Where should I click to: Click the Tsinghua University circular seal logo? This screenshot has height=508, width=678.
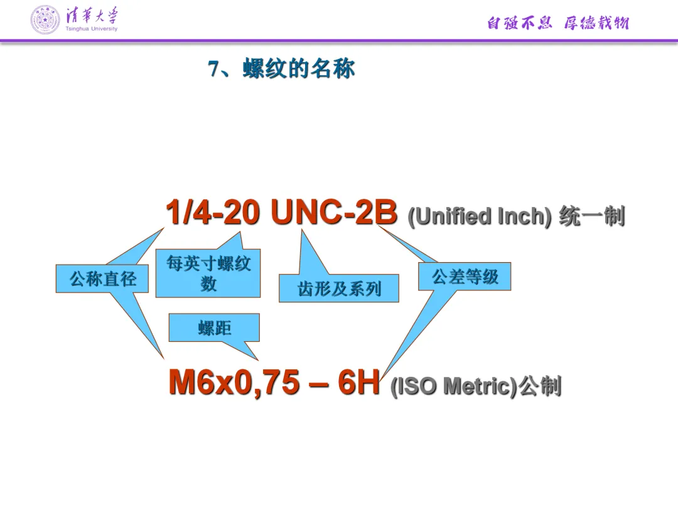[x=46, y=19]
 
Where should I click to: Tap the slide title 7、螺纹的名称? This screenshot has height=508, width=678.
[x=282, y=69]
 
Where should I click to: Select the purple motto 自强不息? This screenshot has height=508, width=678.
[x=519, y=24]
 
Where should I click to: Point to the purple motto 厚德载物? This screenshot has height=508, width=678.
[x=596, y=24]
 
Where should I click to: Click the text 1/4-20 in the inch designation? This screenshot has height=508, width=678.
[x=213, y=213]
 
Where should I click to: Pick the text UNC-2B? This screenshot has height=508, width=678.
[x=334, y=213]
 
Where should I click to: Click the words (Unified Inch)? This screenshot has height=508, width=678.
[x=480, y=216]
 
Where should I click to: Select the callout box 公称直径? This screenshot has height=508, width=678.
[x=102, y=278]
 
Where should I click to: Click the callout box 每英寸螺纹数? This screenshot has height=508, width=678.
[x=208, y=273]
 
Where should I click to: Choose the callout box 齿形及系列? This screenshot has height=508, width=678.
[x=339, y=288]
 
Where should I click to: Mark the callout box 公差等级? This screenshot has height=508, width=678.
[x=465, y=277]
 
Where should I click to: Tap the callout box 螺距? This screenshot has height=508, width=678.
[x=214, y=327]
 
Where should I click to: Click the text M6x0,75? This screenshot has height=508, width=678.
[x=234, y=383]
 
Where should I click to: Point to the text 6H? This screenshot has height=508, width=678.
[x=358, y=383]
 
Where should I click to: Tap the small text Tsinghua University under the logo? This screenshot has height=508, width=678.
[x=91, y=29]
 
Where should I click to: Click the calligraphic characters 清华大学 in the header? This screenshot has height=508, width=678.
[x=92, y=15]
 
